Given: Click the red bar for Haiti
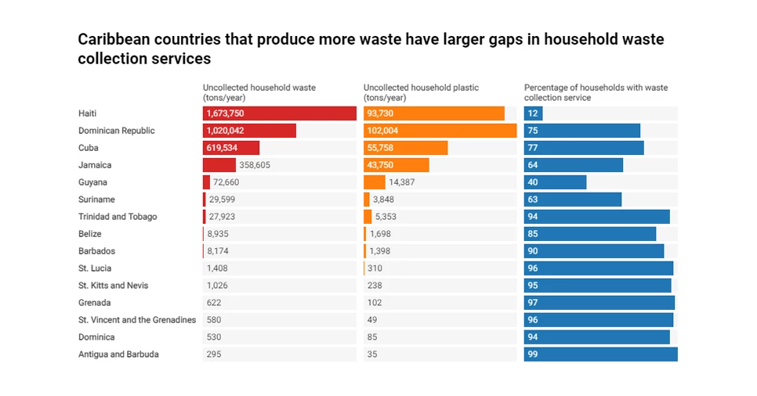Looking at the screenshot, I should (280, 113).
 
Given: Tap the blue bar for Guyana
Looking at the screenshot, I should (556, 182).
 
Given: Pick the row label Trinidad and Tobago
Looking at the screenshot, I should (118, 217).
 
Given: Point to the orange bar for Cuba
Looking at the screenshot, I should (406, 148).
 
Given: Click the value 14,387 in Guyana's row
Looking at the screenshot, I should (401, 182).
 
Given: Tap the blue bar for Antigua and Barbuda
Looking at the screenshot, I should (601, 355).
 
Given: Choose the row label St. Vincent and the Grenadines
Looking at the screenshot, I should (137, 320).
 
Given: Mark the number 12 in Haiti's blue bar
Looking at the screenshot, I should (533, 113).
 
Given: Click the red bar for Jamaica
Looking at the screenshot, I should (219, 165).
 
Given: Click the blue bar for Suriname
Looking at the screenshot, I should (573, 200).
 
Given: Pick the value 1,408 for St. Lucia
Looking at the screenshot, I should (218, 268).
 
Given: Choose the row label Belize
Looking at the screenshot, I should (90, 234).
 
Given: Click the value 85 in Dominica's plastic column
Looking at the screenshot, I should (372, 337).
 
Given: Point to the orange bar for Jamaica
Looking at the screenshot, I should (397, 165).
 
